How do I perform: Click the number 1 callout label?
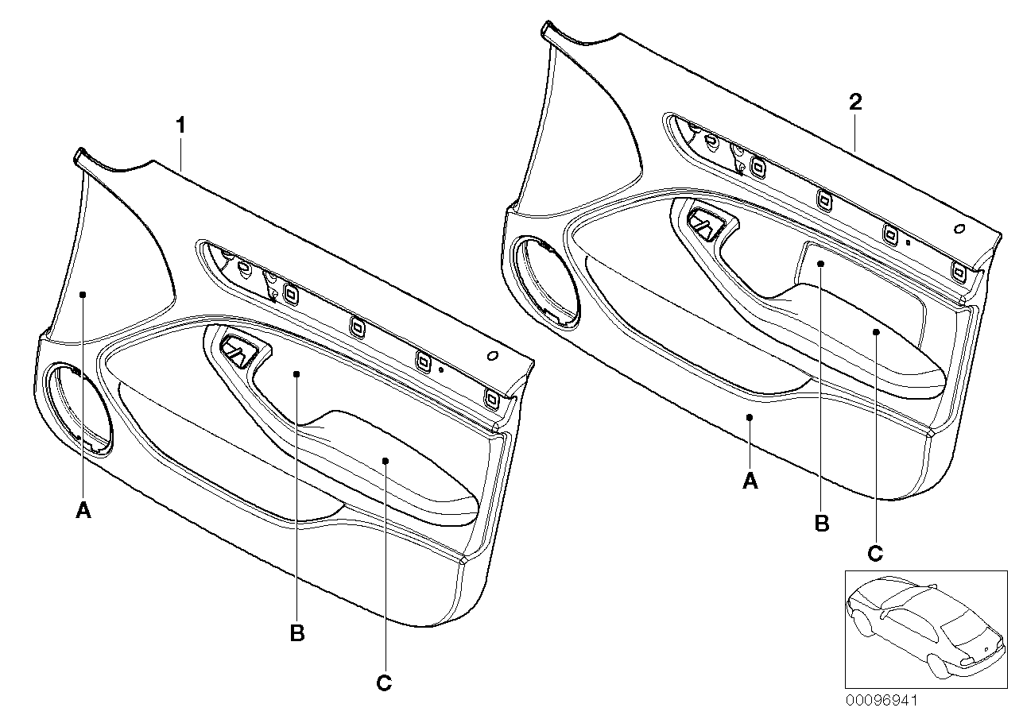point(181,125)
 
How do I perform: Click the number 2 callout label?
point(855,102)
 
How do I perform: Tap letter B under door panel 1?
point(297,633)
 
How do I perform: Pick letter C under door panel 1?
point(384,682)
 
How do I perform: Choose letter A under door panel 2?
point(750,481)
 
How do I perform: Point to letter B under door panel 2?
point(822,524)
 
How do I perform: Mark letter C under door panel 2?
point(875,554)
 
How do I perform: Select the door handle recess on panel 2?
point(704,222)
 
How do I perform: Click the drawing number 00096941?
point(882,701)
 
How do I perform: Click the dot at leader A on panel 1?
point(83,294)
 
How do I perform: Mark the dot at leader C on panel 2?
point(875,332)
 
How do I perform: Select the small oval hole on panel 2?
point(959,228)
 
